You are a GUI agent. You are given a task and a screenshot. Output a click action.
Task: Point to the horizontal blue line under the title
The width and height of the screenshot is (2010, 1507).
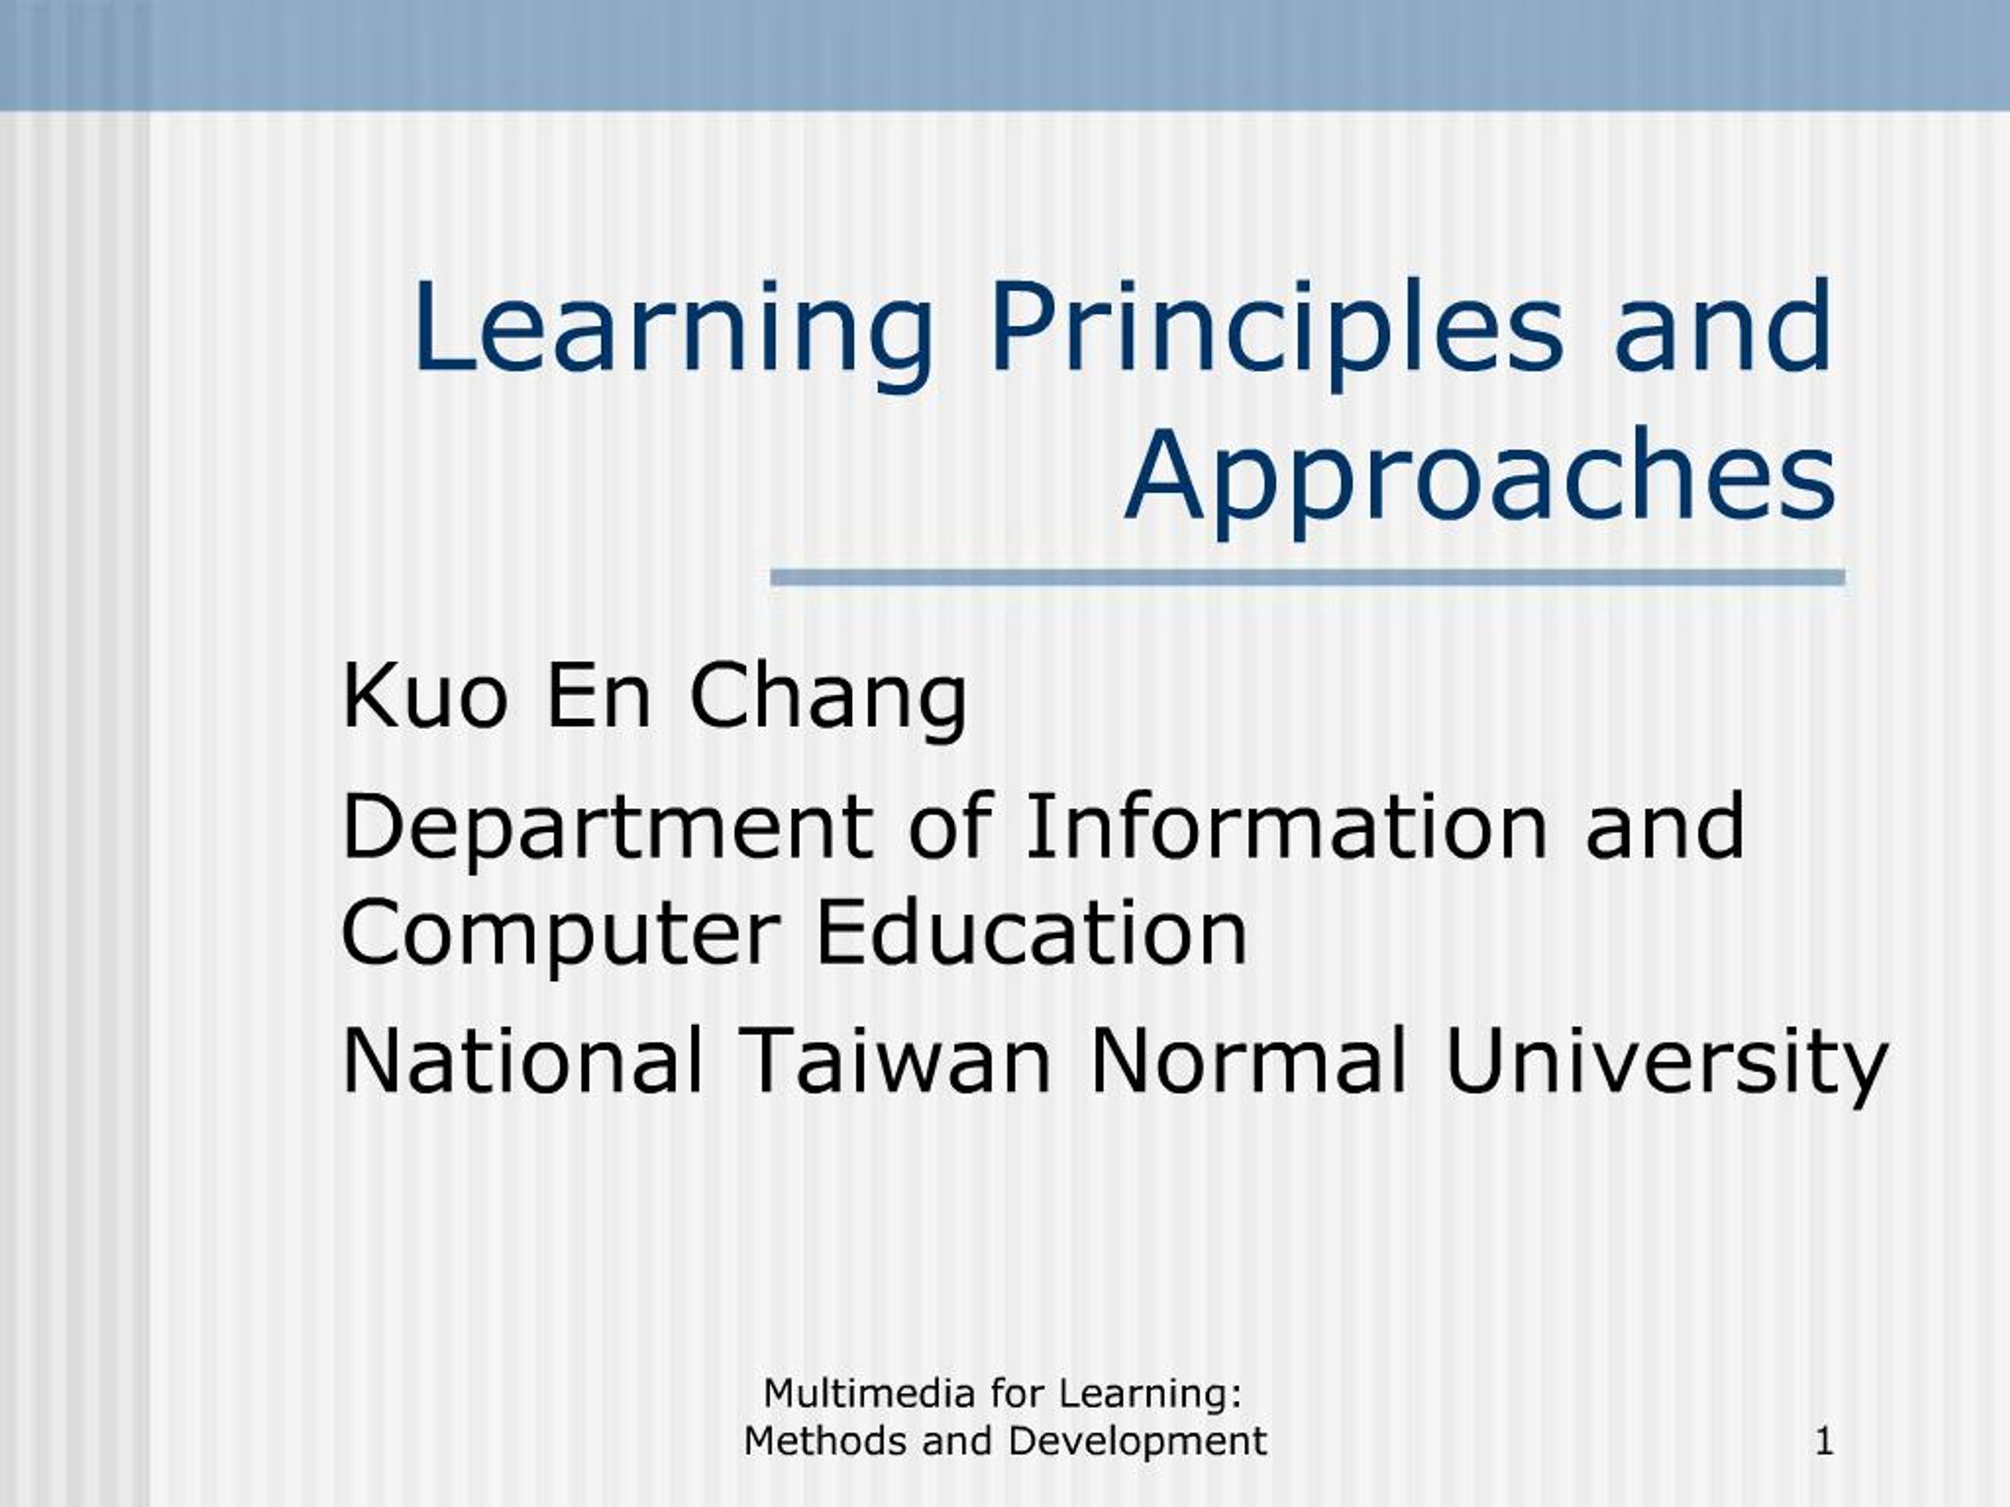tap(1307, 578)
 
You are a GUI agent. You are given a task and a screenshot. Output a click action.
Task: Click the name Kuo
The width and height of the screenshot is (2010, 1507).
tap(423, 697)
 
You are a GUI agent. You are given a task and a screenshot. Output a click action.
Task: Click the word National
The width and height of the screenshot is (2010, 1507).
tap(522, 1060)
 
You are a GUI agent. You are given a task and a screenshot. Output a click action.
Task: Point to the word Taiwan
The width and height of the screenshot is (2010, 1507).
tap(895, 1060)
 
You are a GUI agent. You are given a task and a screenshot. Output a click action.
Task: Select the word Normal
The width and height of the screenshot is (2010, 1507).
tap(1248, 1060)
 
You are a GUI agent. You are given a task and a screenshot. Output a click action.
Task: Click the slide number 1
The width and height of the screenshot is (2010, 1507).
tap(1825, 1442)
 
